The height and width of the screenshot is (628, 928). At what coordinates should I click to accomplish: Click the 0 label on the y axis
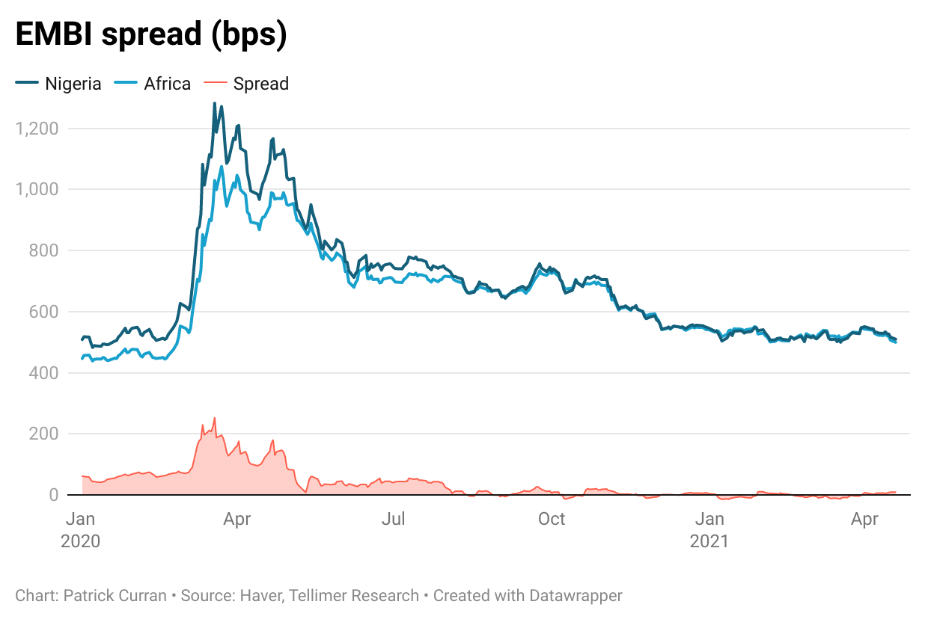(x=54, y=495)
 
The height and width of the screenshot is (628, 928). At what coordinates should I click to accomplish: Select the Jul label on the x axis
(x=394, y=519)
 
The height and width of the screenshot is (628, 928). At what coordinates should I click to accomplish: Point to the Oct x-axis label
(x=552, y=519)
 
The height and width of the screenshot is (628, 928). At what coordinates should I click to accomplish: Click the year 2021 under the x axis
(x=709, y=541)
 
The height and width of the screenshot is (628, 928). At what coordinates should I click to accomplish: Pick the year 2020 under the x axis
(x=80, y=541)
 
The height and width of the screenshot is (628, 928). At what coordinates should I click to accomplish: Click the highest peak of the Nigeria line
(x=214, y=103)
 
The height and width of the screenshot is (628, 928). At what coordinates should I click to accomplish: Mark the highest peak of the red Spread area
(x=214, y=418)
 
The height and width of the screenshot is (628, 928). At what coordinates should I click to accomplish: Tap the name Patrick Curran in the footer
(x=114, y=596)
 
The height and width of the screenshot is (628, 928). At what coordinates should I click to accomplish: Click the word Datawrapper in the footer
(x=576, y=596)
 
